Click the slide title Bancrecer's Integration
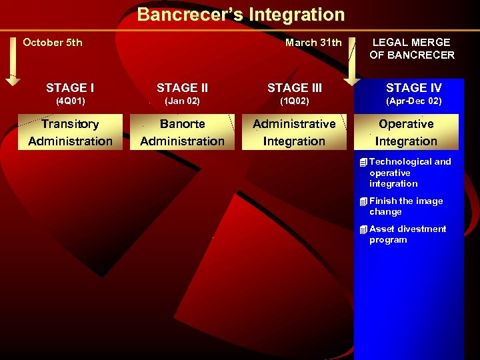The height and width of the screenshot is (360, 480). pyautogui.click(x=241, y=15)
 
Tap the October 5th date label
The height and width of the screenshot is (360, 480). pyautogui.click(x=53, y=43)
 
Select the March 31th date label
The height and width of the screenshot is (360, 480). pyautogui.click(x=313, y=43)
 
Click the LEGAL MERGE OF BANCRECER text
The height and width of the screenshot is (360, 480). pyautogui.click(x=411, y=49)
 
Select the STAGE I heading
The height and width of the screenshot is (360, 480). pyautogui.click(x=70, y=88)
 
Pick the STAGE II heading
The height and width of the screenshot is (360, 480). pyautogui.click(x=182, y=88)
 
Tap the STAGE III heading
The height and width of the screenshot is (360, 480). pyautogui.click(x=294, y=88)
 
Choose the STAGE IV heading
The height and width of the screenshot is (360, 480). pyautogui.click(x=413, y=88)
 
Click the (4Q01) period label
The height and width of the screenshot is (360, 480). pyautogui.click(x=70, y=101)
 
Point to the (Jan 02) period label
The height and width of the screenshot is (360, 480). pyautogui.click(x=182, y=101)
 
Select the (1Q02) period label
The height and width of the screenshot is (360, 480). pyautogui.click(x=294, y=101)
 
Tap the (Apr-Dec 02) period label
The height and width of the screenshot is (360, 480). pyautogui.click(x=413, y=101)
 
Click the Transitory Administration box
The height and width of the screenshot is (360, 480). pyautogui.click(x=70, y=132)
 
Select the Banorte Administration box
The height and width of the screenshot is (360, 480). pyautogui.click(x=182, y=132)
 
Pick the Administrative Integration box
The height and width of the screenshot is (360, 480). pyautogui.click(x=294, y=132)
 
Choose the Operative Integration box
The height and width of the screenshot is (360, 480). pyautogui.click(x=406, y=132)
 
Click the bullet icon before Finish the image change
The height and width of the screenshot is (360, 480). pyautogui.click(x=363, y=201)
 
